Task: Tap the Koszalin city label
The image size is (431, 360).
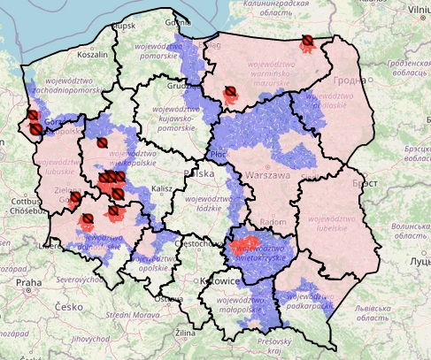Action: tap(93, 54)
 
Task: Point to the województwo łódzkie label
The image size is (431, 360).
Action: tap(213, 203)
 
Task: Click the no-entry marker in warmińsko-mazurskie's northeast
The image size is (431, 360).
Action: tap(307, 42)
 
